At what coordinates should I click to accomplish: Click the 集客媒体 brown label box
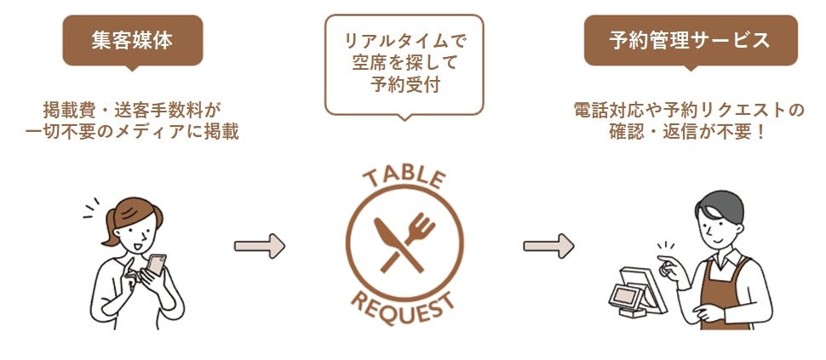coord(132,40)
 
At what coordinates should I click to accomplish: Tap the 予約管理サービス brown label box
coord(690,40)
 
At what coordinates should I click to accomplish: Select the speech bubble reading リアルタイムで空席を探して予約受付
coord(404,64)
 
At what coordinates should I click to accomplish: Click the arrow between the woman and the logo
coord(259,246)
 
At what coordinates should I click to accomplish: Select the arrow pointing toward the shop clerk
coord(548,246)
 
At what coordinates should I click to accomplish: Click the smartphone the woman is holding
coord(156,265)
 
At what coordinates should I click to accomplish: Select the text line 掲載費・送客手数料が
coord(132,110)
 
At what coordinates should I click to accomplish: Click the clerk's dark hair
coord(720,204)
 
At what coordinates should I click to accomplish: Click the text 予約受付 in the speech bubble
coord(404,85)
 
